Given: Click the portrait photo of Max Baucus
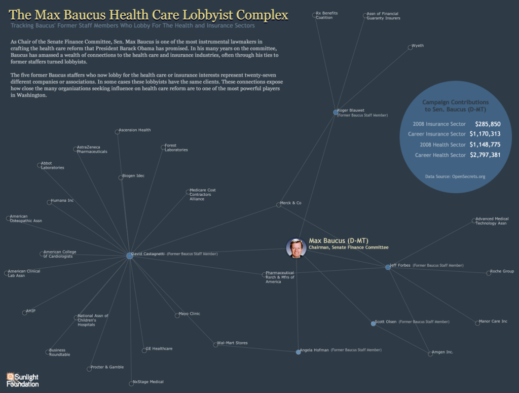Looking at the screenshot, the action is [x=296, y=248].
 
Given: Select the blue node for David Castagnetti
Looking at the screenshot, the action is [x=130, y=256].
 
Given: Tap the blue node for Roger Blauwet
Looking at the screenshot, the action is [x=336, y=112].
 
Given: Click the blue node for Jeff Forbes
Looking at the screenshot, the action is [x=388, y=267].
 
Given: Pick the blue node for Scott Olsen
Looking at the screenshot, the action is [x=374, y=324].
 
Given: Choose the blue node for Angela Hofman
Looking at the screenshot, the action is [x=298, y=352].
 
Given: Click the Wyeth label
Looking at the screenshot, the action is [x=418, y=46].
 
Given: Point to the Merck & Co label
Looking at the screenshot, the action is [x=290, y=203].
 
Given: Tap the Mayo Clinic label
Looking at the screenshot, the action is [x=190, y=313].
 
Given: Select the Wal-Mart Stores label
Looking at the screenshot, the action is [x=232, y=343].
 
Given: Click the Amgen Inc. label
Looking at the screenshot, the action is [x=442, y=352].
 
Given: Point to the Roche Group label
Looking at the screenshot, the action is [x=502, y=271].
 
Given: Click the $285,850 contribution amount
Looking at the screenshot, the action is [x=488, y=124].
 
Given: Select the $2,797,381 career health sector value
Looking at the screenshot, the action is [x=485, y=155].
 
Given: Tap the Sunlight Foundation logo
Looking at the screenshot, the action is [x=22, y=380].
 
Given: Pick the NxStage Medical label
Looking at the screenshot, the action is [x=149, y=382].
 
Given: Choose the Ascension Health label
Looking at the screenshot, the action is [x=135, y=130].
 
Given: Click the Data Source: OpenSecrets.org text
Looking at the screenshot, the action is [x=455, y=176].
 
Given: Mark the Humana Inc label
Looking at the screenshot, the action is [x=62, y=201].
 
